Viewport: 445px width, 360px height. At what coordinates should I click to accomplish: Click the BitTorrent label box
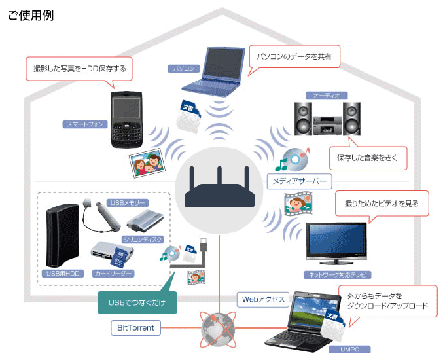click(x=135, y=328)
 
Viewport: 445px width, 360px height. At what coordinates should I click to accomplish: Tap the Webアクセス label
click(x=263, y=300)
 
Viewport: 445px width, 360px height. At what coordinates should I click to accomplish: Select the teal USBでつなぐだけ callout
click(x=137, y=302)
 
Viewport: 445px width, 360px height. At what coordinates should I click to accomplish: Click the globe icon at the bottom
click(x=218, y=329)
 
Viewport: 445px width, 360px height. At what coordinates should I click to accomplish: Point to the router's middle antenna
click(x=219, y=177)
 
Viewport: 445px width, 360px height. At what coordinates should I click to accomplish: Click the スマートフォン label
click(x=85, y=124)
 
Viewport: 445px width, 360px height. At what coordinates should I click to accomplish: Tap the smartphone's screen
click(x=126, y=108)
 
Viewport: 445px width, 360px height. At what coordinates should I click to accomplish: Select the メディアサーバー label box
click(x=300, y=181)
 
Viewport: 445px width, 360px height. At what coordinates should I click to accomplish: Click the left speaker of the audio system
click(x=303, y=119)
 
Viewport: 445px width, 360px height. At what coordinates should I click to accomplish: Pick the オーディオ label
click(x=327, y=96)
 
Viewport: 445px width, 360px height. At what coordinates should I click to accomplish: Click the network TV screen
click(x=336, y=239)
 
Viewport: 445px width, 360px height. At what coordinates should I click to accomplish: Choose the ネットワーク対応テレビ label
click(x=337, y=274)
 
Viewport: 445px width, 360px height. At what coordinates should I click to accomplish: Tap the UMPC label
click(x=349, y=350)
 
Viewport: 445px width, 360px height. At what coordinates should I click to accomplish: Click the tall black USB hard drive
click(x=62, y=235)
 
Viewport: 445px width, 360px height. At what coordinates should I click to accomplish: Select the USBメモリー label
click(x=128, y=203)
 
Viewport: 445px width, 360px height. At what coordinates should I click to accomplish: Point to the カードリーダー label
click(x=113, y=274)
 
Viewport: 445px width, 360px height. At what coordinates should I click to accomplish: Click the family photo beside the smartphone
click(x=147, y=163)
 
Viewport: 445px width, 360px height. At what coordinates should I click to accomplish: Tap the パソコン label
click(x=184, y=69)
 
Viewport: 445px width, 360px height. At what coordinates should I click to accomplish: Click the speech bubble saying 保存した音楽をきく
click(x=368, y=158)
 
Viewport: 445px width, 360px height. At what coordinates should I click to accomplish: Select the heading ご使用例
click(x=31, y=15)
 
